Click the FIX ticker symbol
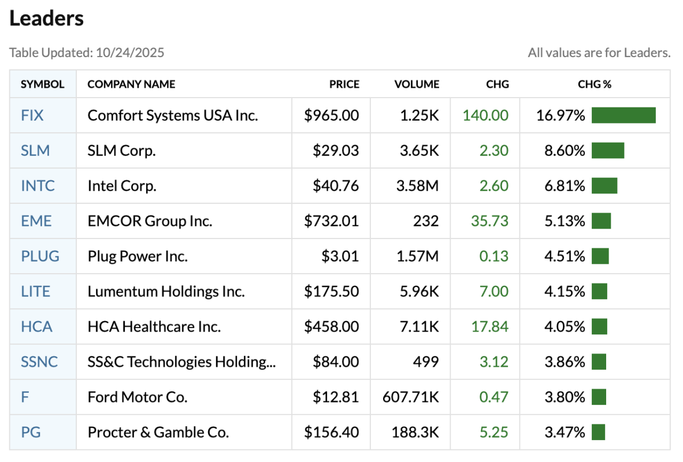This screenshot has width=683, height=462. pyautogui.click(x=32, y=115)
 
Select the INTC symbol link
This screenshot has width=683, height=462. pyautogui.click(x=38, y=186)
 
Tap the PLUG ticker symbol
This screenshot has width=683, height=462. pyautogui.click(x=40, y=256)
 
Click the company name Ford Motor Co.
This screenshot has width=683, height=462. pyautogui.click(x=138, y=397)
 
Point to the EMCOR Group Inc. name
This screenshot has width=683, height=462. pyautogui.click(x=150, y=221)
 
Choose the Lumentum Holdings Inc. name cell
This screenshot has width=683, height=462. pyautogui.click(x=166, y=291)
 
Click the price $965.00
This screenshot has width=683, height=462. pyautogui.click(x=332, y=115)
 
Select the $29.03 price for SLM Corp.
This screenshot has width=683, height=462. pyautogui.click(x=336, y=151)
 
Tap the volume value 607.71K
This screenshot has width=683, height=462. pyautogui.click(x=411, y=397)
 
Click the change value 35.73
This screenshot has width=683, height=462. pyautogui.click(x=489, y=221)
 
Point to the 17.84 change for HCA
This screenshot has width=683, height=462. pyautogui.click(x=489, y=326)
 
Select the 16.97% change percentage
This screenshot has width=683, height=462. pyautogui.click(x=560, y=115)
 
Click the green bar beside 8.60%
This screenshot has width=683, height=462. pyautogui.click(x=608, y=151)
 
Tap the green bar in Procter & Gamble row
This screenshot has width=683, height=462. pyautogui.click(x=598, y=432)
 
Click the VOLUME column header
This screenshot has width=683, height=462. pyautogui.click(x=417, y=84)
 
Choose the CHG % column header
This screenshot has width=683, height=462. pyautogui.click(x=595, y=84)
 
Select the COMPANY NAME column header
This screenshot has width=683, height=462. pyautogui.click(x=131, y=84)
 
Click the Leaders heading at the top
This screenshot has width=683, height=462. pyautogui.click(x=47, y=18)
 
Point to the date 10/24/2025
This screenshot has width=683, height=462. pyautogui.click(x=130, y=53)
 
